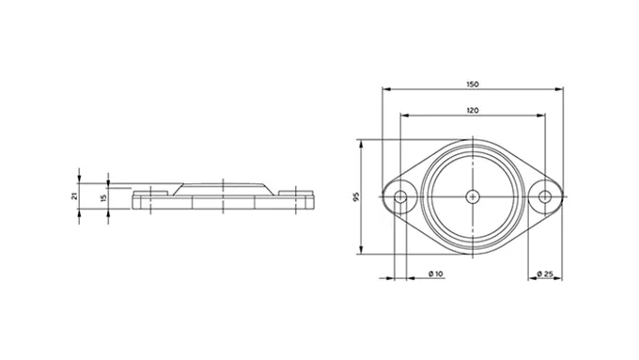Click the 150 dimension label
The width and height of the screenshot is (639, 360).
(473, 85)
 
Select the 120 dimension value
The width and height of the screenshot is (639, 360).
(473, 111)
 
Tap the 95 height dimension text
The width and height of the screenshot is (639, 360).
(356, 197)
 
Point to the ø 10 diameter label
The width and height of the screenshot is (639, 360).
(436, 274)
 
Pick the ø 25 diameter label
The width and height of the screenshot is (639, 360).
(545, 274)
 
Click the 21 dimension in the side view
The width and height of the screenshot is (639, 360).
(74, 196)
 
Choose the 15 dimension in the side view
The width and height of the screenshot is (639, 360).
(103, 197)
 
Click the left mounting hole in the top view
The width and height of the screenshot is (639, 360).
(400, 197)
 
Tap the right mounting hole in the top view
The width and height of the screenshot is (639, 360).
(545, 197)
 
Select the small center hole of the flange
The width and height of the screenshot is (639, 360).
(473, 197)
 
